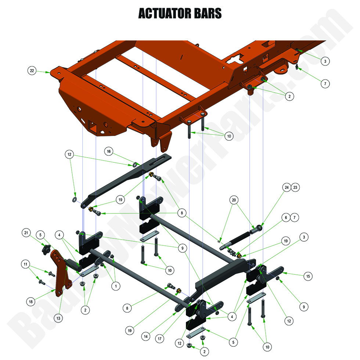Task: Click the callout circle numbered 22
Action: click(x=32, y=71)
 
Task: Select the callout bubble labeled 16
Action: click(x=108, y=151)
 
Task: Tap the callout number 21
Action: click(x=26, y=233)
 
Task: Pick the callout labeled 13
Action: click(x=58, y=318)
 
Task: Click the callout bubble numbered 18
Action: click(x=30, y=302)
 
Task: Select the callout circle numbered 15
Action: click(x=308, y=276)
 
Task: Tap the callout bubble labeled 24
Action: click(x=287, y=187)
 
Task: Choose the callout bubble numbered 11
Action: click(x=25, y=264)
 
